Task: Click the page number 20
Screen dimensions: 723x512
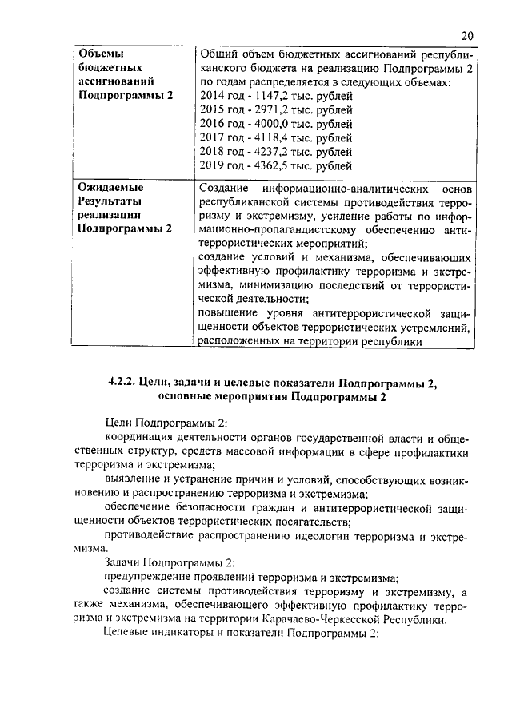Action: (x=468, y=35)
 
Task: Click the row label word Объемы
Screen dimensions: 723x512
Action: (x=100, y=54)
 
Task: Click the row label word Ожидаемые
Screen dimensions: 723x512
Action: (x=109, y=187)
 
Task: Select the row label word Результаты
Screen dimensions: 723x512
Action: (x=109, y=201)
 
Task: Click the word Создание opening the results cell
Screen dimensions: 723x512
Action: (x=220, y=188)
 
